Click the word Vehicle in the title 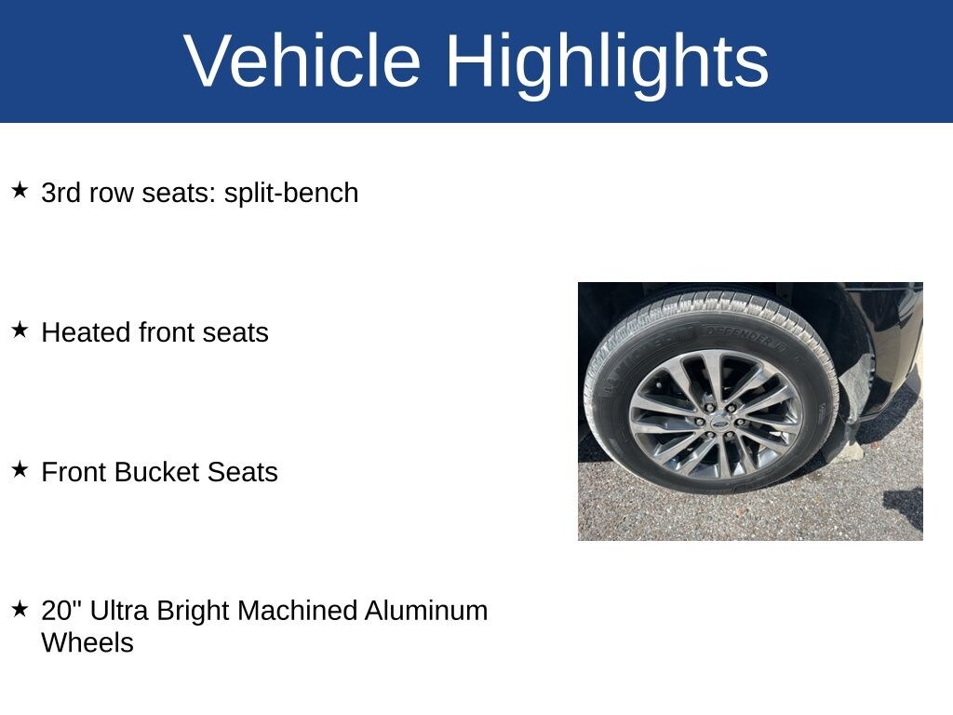[302, 61]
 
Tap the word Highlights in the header [607, 65]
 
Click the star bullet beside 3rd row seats [20, 190]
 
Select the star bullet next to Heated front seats [20, 331]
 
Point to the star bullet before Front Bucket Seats [20, 469]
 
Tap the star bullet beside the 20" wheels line [20, 609]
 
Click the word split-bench [291, 194]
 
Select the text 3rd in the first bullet [60, 194]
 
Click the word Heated [86, 332]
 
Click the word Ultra [118, 611]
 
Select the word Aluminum [426, 611]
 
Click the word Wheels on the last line [87, 643]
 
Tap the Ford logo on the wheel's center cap [720, 421]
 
